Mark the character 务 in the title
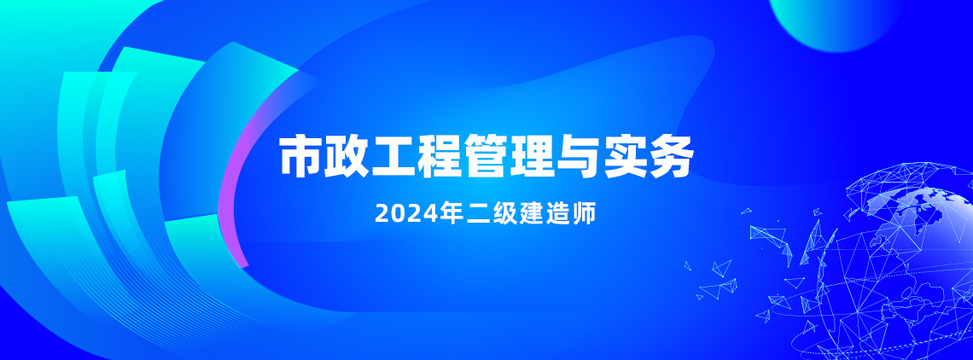click(x=671, y=156)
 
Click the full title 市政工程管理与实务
click(x=486, y=156)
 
